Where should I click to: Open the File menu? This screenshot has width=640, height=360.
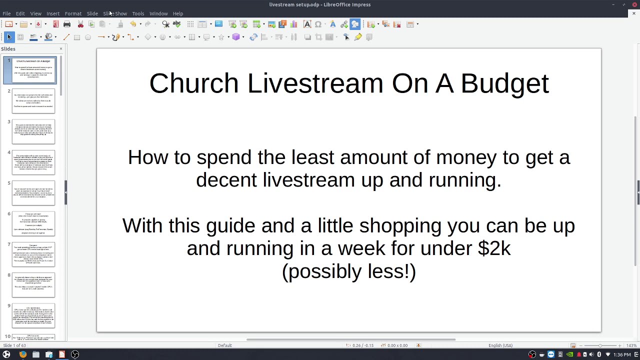[6, 13]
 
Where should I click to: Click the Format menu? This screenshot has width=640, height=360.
[73, 13]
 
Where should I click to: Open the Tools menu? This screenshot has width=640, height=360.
[138, 13]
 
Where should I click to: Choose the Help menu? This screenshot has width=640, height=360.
[178, 13]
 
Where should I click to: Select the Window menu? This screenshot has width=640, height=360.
[158, 13]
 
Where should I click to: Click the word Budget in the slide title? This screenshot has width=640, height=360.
[504, 83]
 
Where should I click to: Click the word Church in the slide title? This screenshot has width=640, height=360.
[193, 83]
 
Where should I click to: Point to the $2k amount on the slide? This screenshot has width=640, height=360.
[494, 248]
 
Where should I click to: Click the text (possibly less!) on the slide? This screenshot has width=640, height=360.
[349, 271]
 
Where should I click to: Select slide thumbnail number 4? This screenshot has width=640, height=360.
[33, 162]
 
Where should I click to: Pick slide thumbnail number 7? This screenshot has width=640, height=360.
[33, 254]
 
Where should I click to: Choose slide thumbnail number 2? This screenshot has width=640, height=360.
[33, 101]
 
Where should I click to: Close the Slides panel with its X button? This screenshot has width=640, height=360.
[61, 48]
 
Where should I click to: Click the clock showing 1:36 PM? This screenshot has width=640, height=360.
[622, 354]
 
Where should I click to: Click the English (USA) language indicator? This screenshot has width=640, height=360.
[500, 345]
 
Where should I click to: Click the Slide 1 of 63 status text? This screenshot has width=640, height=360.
[14, 345]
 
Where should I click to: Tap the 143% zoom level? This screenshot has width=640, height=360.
[631, 345]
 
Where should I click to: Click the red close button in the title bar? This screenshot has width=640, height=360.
[634, 4]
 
